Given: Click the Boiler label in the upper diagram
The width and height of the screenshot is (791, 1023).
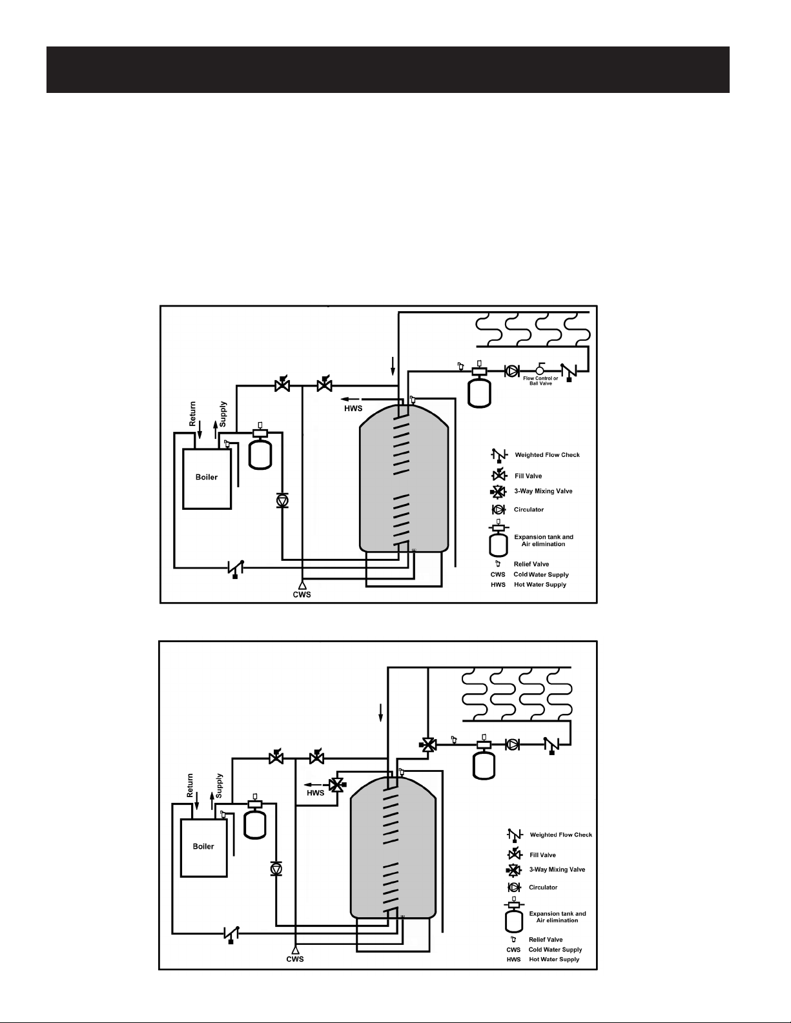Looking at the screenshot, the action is click(x=206, y=477).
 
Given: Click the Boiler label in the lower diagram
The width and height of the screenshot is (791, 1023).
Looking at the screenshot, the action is click(x=203, y=846).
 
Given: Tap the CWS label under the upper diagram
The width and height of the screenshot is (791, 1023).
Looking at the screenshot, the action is click(x=302, y=594).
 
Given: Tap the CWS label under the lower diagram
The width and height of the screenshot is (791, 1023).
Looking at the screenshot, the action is click(x=295, y=959).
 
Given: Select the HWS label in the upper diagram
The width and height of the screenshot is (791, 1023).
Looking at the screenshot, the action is click(x=353, y=409).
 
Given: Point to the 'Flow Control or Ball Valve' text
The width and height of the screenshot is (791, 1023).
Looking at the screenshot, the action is click(x=540, y=381).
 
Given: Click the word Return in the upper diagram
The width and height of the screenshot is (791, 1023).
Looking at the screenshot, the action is click(x=192, y=414).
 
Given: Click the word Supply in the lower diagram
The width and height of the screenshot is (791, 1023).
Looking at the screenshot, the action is click(x=219, y=785).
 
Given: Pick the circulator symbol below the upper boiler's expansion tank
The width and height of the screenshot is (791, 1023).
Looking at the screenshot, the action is click(x=282, y=500).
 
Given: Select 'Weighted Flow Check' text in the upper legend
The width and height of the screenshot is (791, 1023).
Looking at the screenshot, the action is click(x=547, y=455).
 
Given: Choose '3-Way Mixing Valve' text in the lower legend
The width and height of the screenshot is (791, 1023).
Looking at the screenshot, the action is click(x=557, y=869).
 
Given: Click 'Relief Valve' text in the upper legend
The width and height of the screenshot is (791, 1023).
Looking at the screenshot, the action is click(x=531, y=564).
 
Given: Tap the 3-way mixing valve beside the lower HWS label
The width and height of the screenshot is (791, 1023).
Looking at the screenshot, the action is click(x=336, y=785).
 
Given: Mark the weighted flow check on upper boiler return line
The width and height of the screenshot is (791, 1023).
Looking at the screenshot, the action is click(x=236, y=568).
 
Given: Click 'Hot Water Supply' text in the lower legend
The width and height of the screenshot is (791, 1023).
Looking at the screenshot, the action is click(x=554, y=959).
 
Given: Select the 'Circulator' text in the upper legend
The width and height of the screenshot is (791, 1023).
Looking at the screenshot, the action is click(x=529, y=509).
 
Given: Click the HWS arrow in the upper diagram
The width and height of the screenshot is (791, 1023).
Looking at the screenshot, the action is click(x=351, y=399).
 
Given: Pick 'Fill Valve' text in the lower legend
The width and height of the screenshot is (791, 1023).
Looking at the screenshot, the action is click(x=542, y=855).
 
